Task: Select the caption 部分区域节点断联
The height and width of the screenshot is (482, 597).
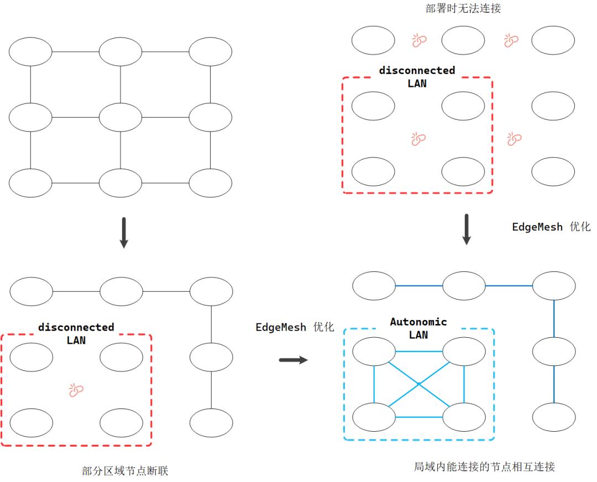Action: (124, 471)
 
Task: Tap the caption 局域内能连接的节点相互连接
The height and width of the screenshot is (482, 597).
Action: (484, 467)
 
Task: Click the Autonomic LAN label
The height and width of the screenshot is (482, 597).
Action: (418, 328)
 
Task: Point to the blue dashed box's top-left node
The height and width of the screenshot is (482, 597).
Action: (374, 352)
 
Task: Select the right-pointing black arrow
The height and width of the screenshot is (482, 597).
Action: (293, 360)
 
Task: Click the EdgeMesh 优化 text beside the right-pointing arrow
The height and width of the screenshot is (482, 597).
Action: (294, 327)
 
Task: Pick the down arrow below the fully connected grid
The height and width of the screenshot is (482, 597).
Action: (124, 233)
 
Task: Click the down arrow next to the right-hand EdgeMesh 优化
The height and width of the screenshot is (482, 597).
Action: (467, 229)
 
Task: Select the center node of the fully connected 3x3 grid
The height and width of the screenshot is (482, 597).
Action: (121, 117)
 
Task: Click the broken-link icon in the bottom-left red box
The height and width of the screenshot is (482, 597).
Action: (76, 391)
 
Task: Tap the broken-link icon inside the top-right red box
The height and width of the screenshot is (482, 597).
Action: (418, 139)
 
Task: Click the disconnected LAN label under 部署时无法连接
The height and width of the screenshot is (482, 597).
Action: (417, 77)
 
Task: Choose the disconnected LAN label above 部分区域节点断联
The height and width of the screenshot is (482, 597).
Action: (76, 334)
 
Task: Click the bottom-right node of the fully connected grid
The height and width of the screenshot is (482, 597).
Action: (211, 182)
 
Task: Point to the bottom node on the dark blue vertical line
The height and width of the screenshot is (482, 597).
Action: (553, 417)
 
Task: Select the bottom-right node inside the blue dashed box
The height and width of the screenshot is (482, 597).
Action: (463, 417)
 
